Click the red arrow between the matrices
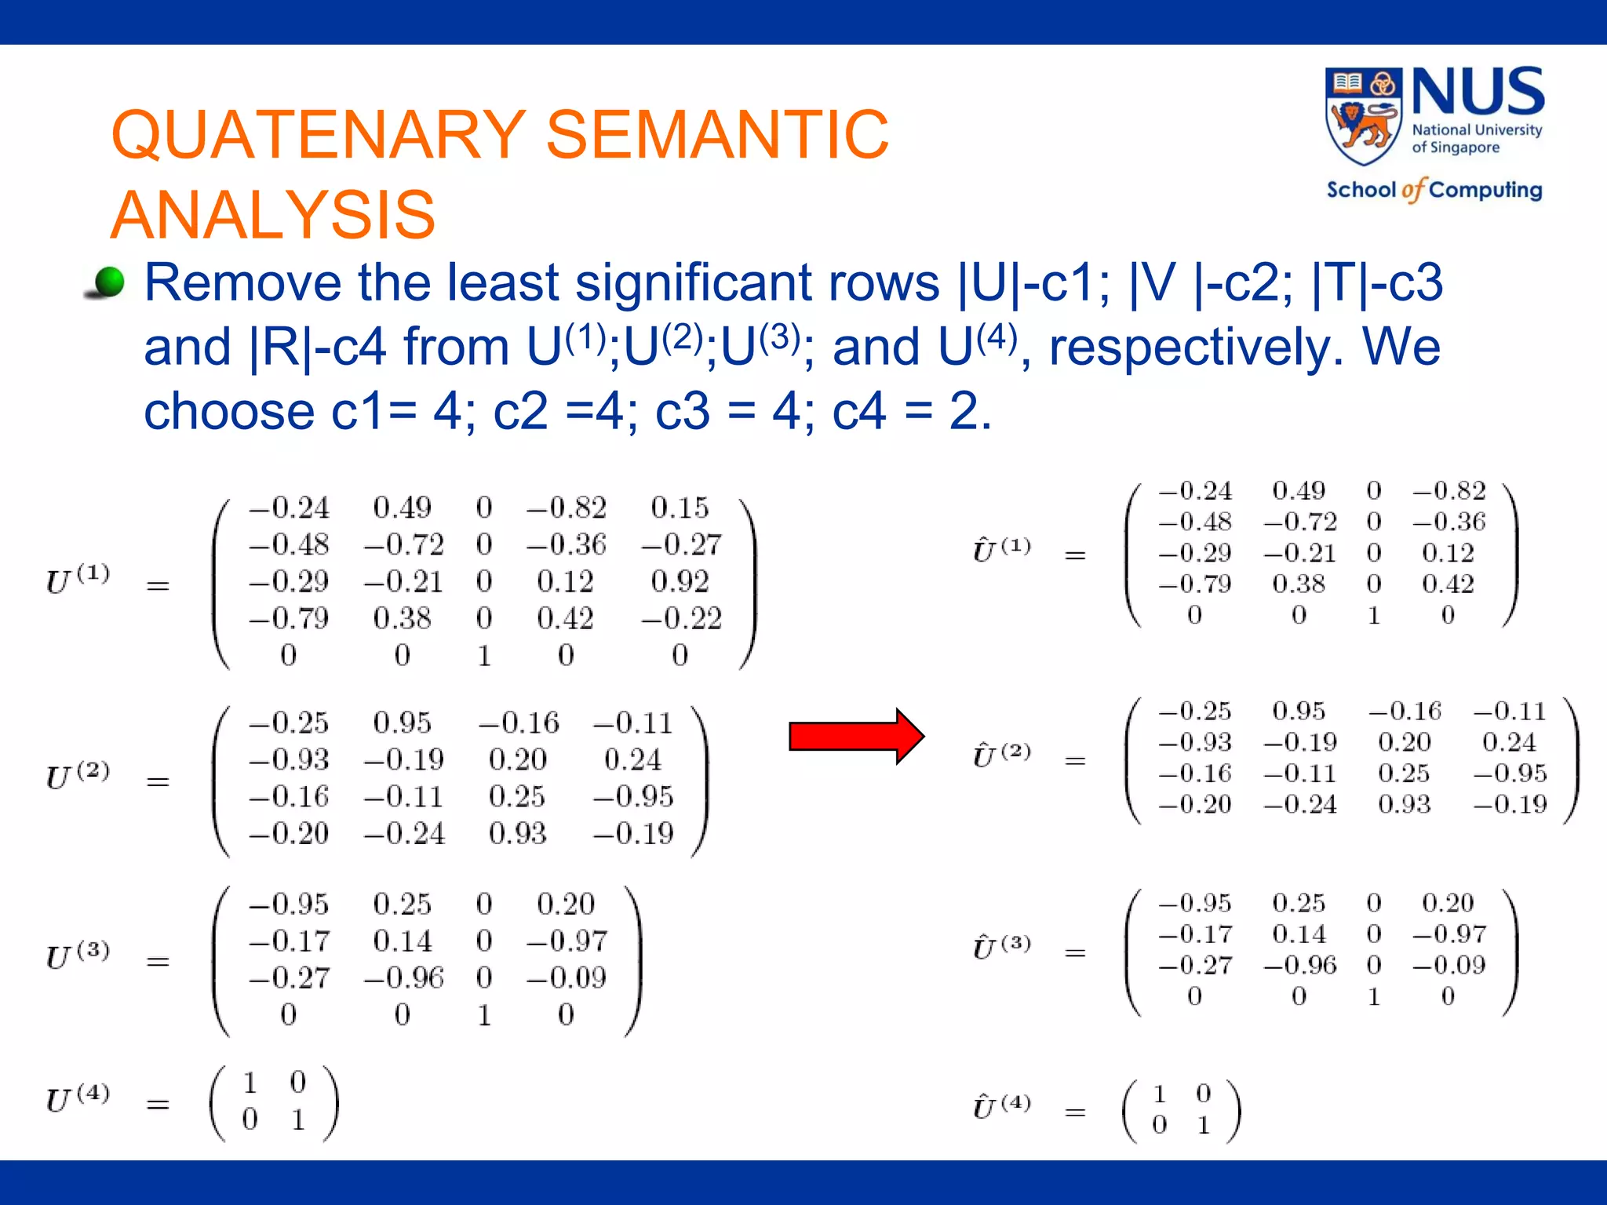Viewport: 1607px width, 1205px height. (x=855, y=736)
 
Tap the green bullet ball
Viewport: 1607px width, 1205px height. (x=107, y=282)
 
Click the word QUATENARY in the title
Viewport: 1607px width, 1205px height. (x=319, y=135)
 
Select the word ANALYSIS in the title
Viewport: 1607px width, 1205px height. (x=273, y=215)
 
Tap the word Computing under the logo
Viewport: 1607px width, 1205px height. (x=1485, y=190)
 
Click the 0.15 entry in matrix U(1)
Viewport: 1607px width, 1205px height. (x=680, y=508)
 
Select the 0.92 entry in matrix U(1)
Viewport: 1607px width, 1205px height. (x=680, y=581)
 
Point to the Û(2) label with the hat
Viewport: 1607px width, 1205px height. (x=1001, y=754)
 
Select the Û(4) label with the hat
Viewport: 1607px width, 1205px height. (x=1001, y=1105)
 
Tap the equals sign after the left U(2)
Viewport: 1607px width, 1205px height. (x=158, y=781)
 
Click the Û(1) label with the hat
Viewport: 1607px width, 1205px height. (x=1001, y=548)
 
